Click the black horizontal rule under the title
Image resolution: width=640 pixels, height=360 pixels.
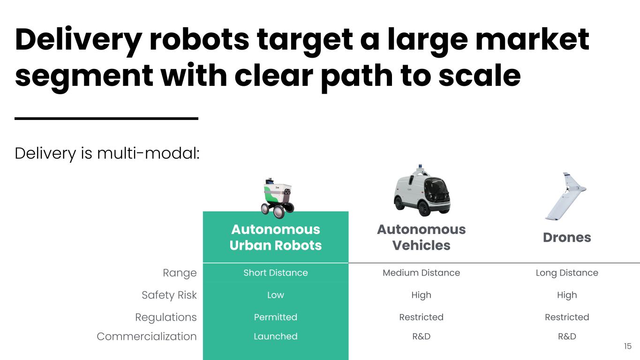coord(106,118)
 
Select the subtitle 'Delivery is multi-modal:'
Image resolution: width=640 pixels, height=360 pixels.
coord(107,154)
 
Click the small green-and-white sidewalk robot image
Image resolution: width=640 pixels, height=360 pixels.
coord(277,198)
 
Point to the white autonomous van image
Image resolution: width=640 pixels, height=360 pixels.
coord(422,191)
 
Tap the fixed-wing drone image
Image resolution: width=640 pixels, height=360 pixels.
coord(566,196)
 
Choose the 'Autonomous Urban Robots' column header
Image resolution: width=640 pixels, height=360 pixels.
coord(276,238)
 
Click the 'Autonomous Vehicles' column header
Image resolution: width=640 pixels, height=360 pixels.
coord(422,238)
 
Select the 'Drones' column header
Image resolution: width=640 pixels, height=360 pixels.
coord(567,238)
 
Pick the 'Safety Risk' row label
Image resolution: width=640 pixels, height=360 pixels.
coord(169,295)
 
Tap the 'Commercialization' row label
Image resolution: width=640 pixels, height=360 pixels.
coord(147,337)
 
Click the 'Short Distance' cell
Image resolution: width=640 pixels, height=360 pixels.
coord(276,273)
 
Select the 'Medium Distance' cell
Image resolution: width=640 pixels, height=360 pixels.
coord(422,273)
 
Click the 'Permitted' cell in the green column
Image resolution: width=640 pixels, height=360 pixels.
coord(276,317)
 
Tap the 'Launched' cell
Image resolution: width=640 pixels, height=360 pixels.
coord(276,337)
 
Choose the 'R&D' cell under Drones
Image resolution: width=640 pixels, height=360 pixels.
coord(567,337)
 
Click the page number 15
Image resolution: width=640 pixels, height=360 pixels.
coord(628,346)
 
